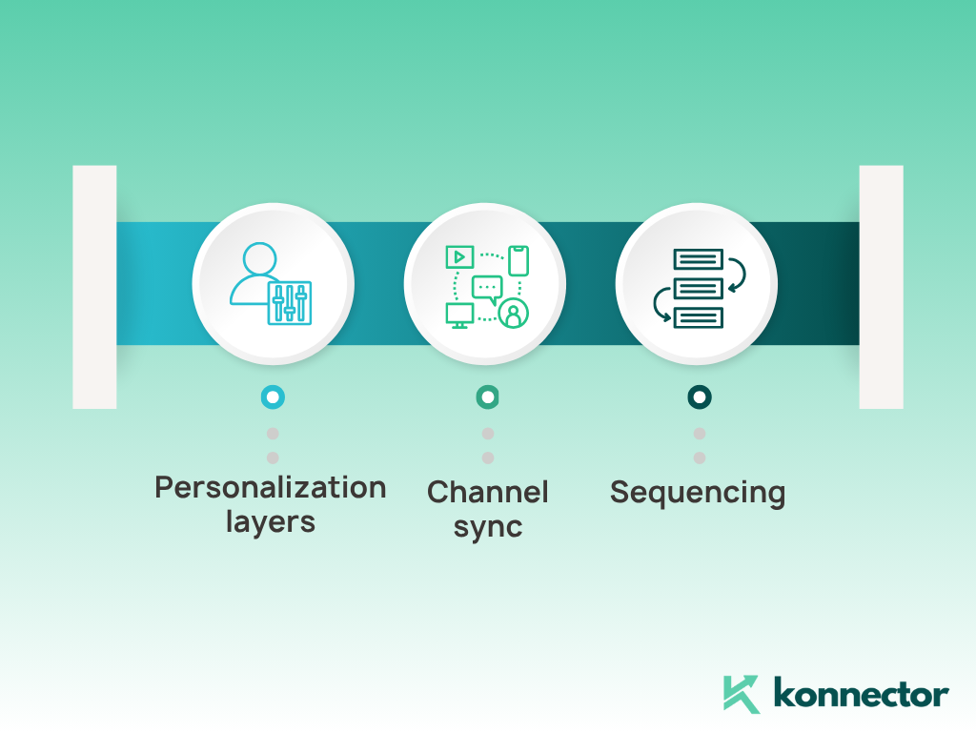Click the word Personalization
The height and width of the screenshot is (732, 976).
(270, 487)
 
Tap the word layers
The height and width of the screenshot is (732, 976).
(270, 521)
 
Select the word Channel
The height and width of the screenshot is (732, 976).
(487, 492)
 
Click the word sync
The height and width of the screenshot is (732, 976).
(487, 527)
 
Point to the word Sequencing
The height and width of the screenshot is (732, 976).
(698, 493)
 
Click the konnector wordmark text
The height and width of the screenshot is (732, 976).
(861, 693)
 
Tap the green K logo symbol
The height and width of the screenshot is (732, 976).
(741, 694)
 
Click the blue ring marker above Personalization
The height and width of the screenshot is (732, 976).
(273, 397)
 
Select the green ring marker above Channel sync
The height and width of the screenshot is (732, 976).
(487, 397)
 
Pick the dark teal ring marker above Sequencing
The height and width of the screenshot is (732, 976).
(700, 397)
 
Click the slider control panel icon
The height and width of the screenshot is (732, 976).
(290, 303)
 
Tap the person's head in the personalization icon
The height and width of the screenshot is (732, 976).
(259, 258)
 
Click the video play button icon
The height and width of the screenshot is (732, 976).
(460, 257)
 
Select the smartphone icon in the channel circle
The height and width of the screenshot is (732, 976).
(518, 260)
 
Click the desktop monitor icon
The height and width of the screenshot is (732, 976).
(460, 315)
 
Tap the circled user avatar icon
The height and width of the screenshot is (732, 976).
(514, 314)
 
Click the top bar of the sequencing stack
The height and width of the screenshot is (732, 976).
(699, 259)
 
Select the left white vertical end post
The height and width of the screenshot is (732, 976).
(94, 287)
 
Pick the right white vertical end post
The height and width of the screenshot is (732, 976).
(882, 287)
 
